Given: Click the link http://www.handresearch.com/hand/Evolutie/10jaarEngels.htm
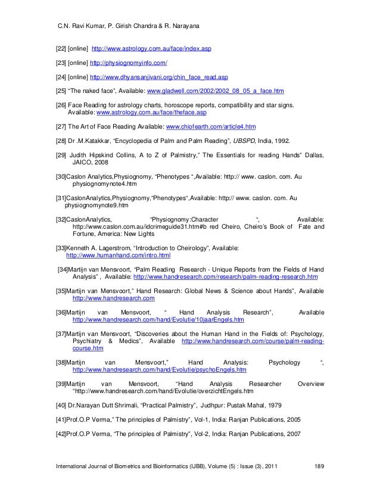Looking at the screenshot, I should [158, 319].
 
